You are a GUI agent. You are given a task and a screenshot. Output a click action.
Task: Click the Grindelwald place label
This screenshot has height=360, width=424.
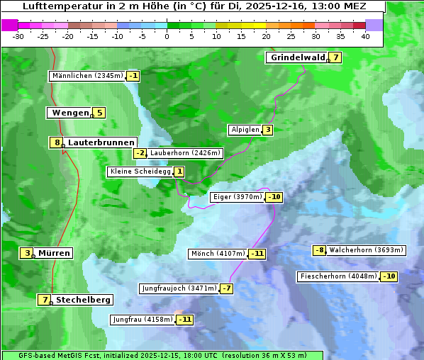(297, 57)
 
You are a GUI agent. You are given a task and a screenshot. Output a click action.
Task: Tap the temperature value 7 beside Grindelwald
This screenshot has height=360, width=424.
(335, 57)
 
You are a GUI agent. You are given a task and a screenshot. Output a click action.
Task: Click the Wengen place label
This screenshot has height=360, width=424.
(70, 113)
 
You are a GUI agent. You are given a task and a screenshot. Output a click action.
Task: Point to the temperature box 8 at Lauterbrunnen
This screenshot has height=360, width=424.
(57, 142)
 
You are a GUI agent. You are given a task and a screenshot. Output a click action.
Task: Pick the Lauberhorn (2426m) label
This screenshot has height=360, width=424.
(186, 152)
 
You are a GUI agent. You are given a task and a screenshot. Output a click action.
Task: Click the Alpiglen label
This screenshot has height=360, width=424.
(245, 130)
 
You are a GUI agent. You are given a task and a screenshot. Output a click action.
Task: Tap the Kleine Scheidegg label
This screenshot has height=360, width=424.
(140, 171)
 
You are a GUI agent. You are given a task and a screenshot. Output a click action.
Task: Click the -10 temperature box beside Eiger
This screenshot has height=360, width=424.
(274, 197)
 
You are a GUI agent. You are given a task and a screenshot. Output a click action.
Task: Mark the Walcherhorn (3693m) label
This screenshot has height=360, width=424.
(366, 250)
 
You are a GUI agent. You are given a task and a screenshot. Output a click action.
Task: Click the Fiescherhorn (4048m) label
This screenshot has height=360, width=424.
(338, 276)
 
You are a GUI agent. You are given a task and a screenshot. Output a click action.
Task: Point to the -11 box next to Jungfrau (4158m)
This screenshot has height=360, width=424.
(184, 320)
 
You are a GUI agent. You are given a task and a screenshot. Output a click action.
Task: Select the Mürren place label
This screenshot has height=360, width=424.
(54, 253)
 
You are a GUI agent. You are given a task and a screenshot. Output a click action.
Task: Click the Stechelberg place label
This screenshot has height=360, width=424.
(83, 300)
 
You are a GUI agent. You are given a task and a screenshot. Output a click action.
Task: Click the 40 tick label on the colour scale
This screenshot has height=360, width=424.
(365, 36)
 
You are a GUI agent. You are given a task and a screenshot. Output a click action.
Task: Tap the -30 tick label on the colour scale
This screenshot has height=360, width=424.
(18, 36)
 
